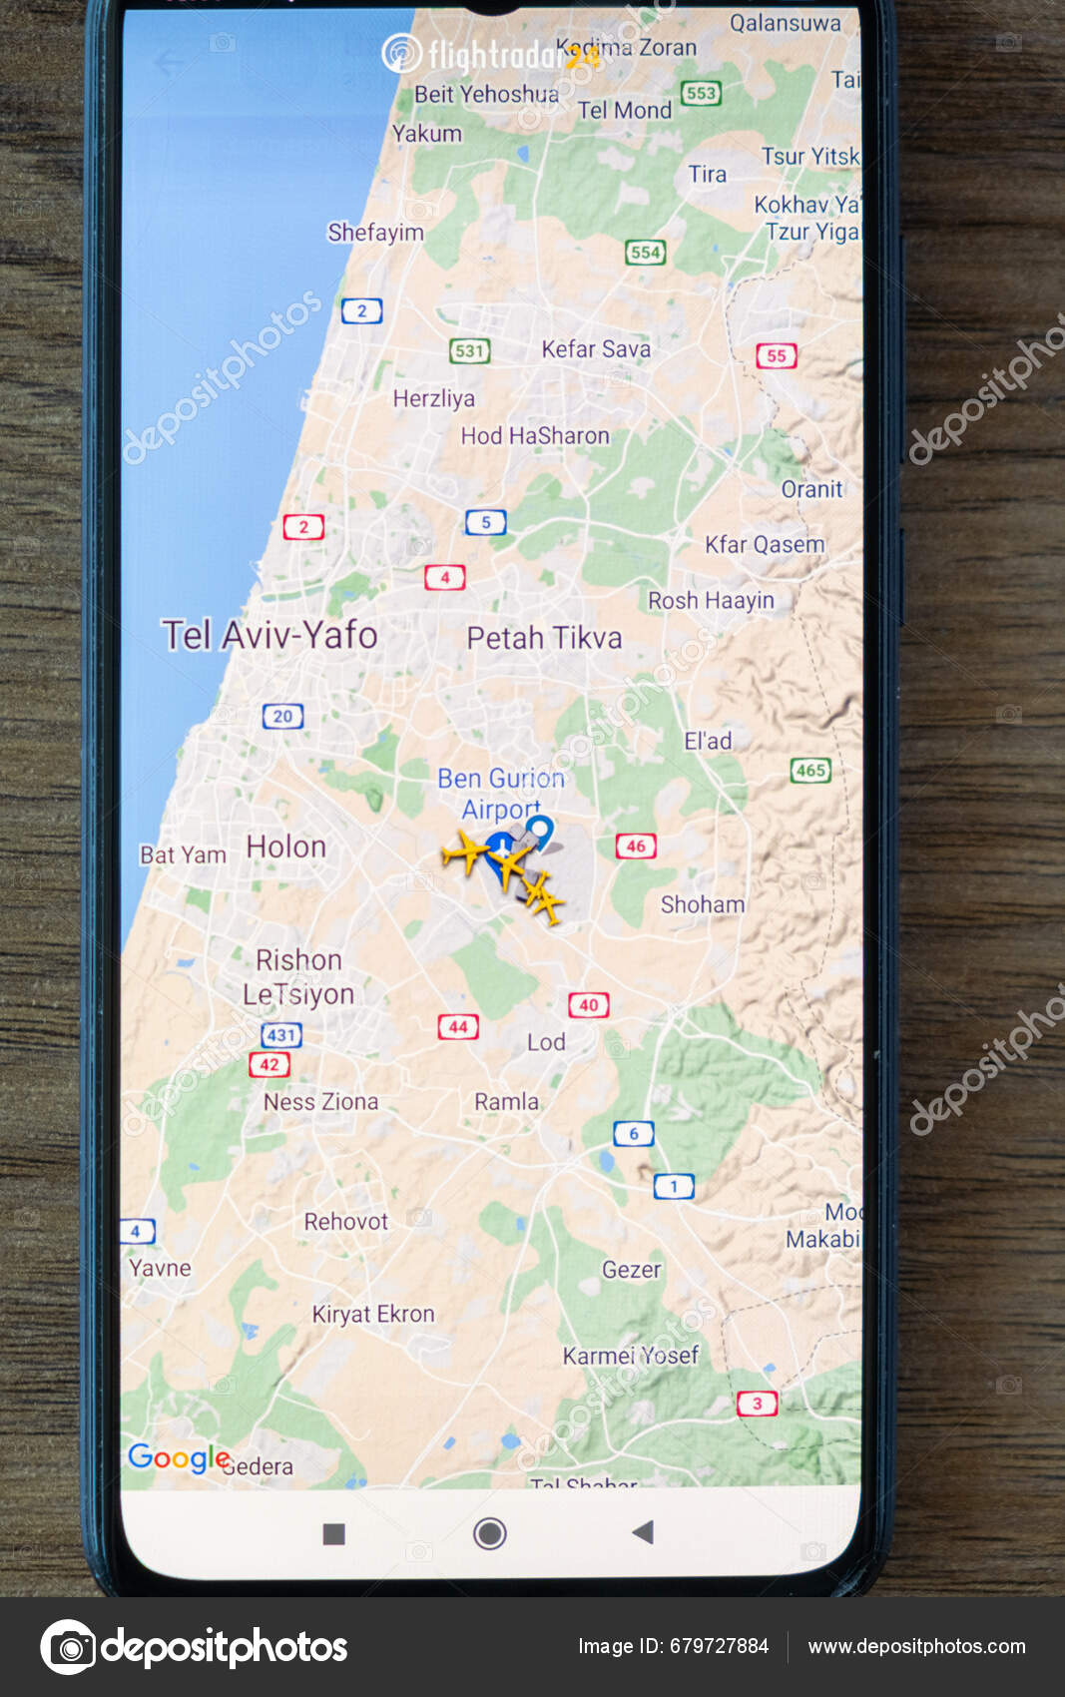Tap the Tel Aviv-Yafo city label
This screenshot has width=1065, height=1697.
pos(269,635)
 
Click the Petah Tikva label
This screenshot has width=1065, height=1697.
pos(544,638)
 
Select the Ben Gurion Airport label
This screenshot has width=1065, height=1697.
pos(500,793)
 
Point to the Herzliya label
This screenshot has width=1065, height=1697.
pos(433,398)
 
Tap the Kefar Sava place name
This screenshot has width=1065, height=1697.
pos(596,348)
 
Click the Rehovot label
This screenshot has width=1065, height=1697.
pos(345,1221)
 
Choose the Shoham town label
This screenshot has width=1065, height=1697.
pos(703,904)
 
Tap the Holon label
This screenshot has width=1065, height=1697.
pos(286,847)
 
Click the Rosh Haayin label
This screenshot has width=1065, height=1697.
pos(711,600)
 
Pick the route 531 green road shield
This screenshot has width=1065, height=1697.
pos(469,350)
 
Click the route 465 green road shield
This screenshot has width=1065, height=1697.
pos(810,770)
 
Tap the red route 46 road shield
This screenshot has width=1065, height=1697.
pos(636,846)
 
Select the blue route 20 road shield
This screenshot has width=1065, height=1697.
pos(282,716)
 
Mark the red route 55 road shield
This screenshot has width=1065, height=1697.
pos(776,355)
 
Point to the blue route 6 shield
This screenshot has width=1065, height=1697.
pos(633,1133)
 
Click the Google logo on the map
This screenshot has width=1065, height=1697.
pos(179,1458)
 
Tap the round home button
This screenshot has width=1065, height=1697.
pos(489,1532)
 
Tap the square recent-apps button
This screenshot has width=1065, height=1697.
pos(334,1533)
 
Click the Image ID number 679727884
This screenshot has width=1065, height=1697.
pos(719,1646)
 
